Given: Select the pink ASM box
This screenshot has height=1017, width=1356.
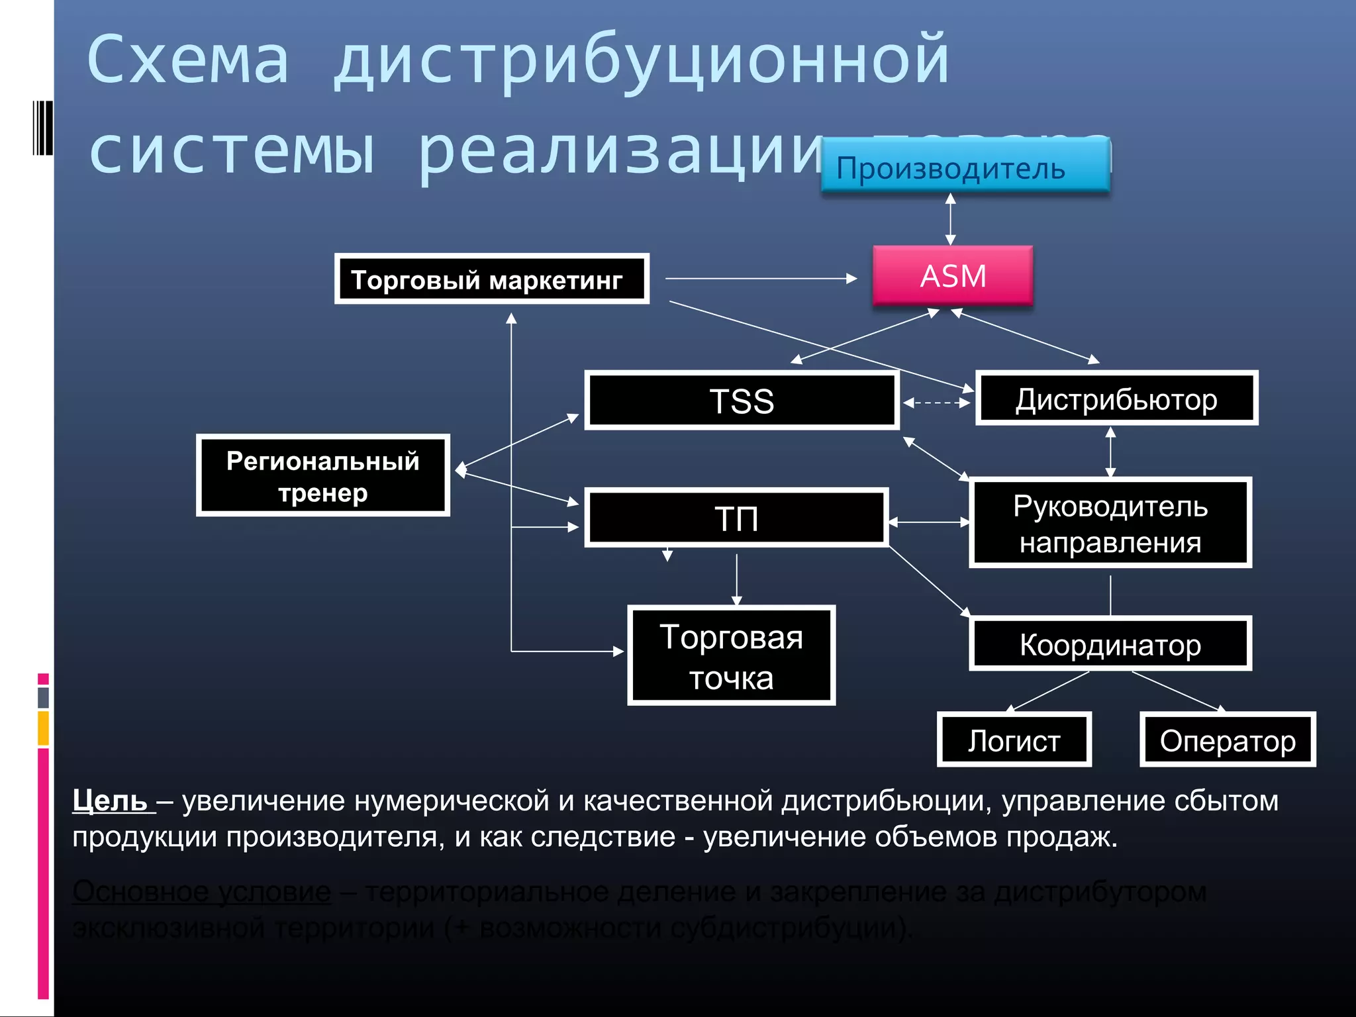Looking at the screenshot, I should [x=952, y=275].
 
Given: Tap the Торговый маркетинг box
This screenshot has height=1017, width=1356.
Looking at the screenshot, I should [x=491, y=279].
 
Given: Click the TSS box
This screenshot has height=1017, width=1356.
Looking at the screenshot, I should [x=742, y=400].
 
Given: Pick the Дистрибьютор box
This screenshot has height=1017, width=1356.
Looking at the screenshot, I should [x=1116, y=399].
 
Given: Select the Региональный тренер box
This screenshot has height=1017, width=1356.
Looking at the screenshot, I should [x=323, y=475].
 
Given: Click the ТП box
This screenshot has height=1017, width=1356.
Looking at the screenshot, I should [x=736, y=518].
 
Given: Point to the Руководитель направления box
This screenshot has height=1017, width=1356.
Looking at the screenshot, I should [x=1110, y=523].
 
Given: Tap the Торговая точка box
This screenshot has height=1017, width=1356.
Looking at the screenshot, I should [x=731, y=655].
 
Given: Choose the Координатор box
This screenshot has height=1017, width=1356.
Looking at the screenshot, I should [x=1110, y=644].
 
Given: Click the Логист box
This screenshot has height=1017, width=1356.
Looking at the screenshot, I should [x=1014, y=740].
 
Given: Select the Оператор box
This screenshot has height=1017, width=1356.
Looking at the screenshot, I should [x=1228, y=740].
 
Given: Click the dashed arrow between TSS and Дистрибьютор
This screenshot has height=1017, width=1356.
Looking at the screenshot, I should [x=936, y=402].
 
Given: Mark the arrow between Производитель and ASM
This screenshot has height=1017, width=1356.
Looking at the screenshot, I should [x=951, y=219].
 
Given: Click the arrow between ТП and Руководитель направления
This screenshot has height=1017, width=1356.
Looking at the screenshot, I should [x=928, y=522].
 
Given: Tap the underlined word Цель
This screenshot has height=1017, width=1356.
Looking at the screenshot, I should [x=110, y=800].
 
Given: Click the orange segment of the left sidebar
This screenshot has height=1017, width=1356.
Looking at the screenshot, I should [x=43, y=728].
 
